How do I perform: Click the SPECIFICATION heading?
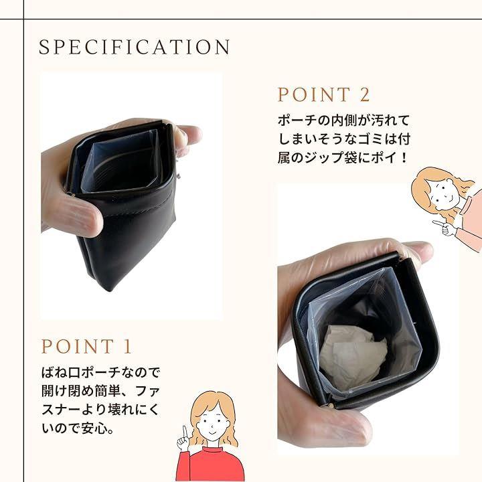tap(135, 47)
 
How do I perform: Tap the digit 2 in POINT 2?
tap(365, 94)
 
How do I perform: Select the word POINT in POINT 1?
tap(78, 347)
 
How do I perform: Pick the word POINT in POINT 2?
tap(314, 94)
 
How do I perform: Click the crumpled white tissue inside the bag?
tap(353, 357)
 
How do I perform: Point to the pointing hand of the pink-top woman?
tap(445, 228)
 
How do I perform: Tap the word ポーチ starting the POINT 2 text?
tap(297, 120)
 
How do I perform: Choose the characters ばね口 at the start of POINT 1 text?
tap(61, 373)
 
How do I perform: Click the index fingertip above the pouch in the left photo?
tap(193, 134)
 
